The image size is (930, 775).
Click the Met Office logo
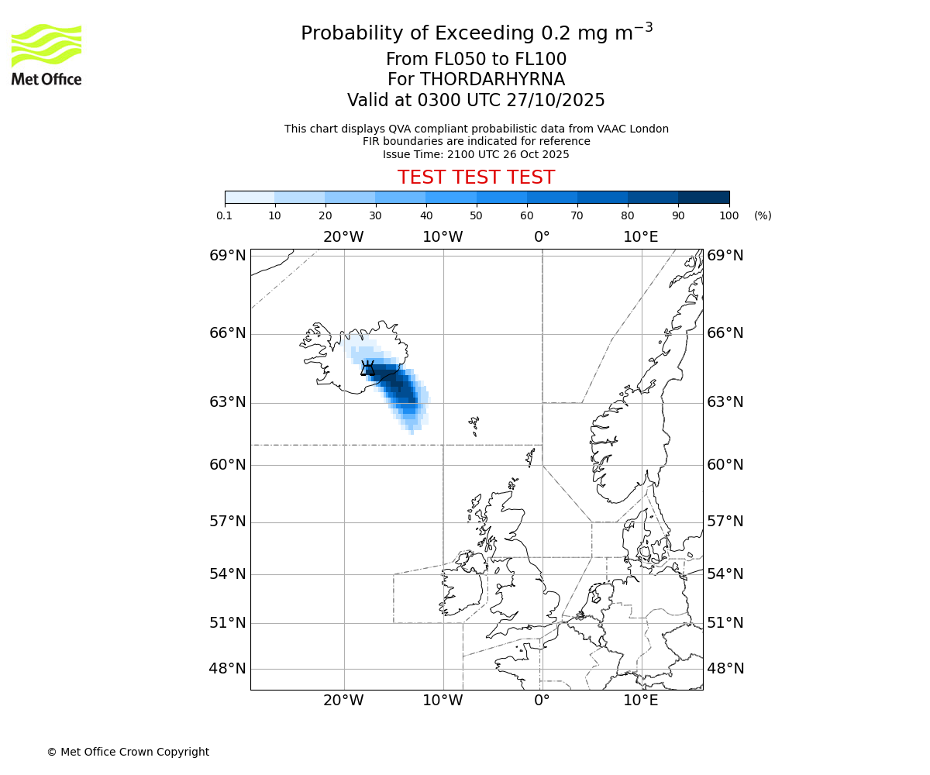pos(46,54)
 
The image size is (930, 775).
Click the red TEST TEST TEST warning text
pos(476,177)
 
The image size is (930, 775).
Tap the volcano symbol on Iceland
pos(367,368)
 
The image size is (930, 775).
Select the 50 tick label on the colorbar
pos(476,215)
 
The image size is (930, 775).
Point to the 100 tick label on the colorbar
pos(728,215)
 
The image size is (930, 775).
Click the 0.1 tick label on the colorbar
pos(225,215)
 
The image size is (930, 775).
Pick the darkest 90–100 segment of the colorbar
pos(704,197)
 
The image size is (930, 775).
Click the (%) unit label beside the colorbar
pos(763,215)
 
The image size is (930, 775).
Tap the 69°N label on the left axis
pos(228,256)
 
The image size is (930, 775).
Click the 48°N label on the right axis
pos(725,668)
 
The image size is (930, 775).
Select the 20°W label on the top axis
pos(343,236)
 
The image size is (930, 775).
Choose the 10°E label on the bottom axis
pos(641,701)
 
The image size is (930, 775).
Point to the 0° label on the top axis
pos(542,236)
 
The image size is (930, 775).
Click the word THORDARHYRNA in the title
pos(492,80)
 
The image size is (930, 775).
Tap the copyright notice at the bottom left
pos(128,752)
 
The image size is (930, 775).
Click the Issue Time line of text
pos(476,154)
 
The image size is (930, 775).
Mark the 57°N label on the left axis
pos(228,521)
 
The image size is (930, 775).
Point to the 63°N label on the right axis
pos(725,401)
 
